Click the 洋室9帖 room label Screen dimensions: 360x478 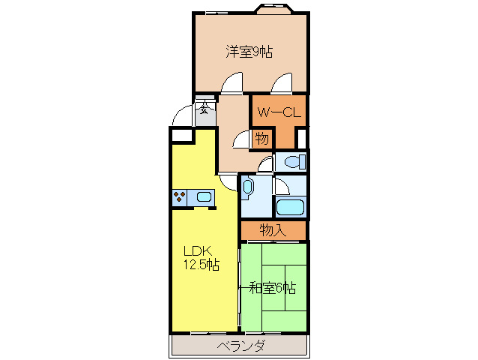pos(249,52)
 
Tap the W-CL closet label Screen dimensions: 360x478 pos(279,112)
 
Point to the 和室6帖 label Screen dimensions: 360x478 pos(273,287)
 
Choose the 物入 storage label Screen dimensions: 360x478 pos(273,230)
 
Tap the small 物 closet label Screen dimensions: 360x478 pos(261,139)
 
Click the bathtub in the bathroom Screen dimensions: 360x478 pos(290,208)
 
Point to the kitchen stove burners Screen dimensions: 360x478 pos(180,197)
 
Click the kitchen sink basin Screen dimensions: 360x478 pos(204,197)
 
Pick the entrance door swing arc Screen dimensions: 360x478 pos(181,116)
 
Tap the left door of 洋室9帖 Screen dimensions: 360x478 pos(232,82)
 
